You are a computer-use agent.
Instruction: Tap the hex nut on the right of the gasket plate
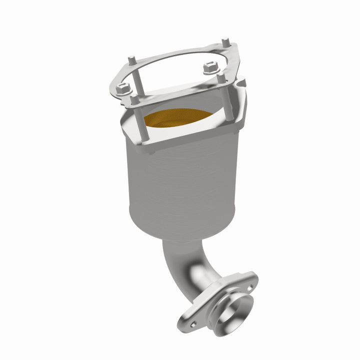point(209,67)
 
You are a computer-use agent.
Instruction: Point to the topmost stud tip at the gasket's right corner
point(225,41)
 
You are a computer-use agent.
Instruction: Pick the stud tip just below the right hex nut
point(220,78)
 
